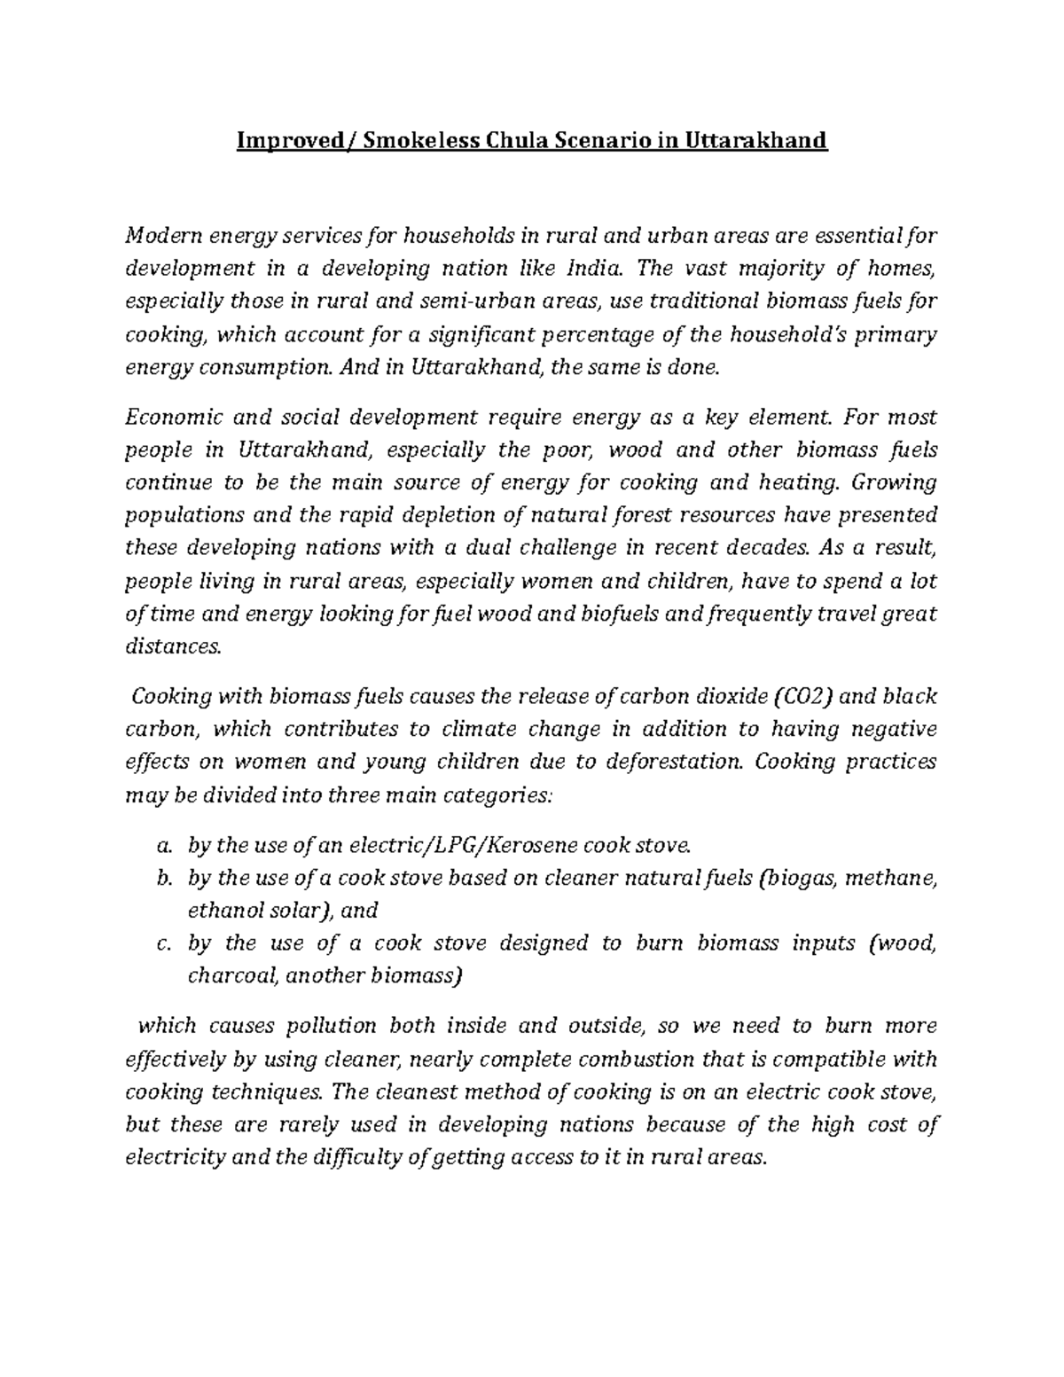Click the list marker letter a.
[x=161, y=846]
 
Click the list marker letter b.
[x=161, y=879]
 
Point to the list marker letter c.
[x=161, y=943]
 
